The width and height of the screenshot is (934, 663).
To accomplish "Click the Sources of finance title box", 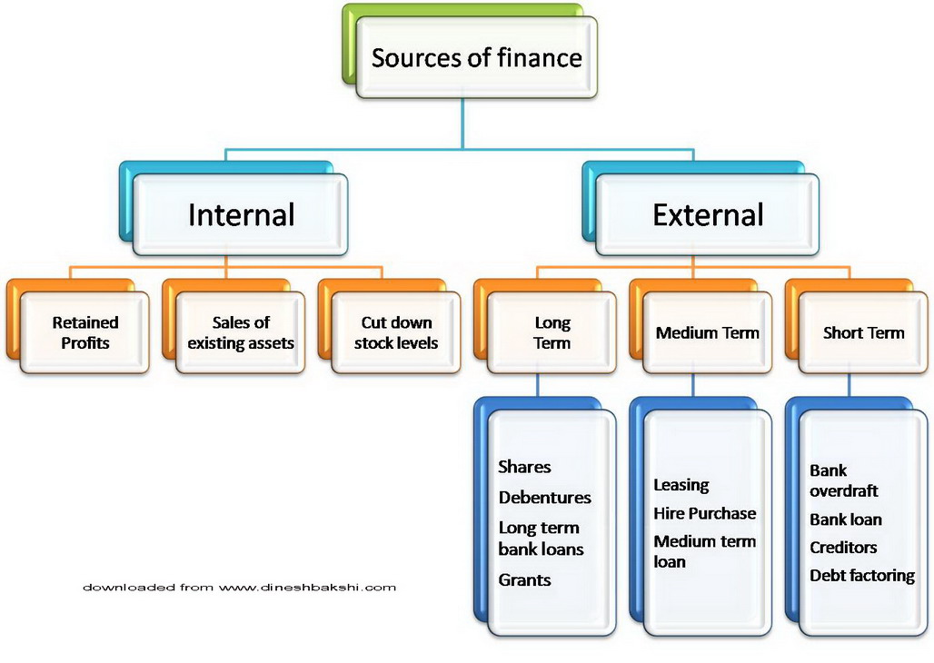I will pos(476,58).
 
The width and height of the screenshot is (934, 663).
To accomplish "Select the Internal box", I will pos(241,215).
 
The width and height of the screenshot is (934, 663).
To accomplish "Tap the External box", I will pos(708,215).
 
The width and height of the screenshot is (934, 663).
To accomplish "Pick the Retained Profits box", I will pos(85,332).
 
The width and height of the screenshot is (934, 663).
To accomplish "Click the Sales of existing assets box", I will pos(240,332).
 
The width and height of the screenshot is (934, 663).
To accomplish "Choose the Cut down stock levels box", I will pos(396,332).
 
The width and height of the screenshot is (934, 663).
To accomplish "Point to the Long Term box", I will pos(552,332).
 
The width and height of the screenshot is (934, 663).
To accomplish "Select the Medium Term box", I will pos(707,332).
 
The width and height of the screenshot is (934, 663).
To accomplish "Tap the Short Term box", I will pos(863,332).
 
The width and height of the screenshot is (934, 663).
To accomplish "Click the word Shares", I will pos(524,467).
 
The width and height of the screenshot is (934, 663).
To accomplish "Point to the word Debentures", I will pos(544,498).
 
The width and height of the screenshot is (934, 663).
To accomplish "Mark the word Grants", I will pos(524,579).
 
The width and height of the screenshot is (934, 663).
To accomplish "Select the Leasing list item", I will pos(681,485).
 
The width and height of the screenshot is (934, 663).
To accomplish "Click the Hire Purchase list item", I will pos(704,513).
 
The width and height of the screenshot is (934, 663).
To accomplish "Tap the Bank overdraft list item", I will pos(843,480).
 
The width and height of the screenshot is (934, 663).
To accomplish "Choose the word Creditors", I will pos(843,548).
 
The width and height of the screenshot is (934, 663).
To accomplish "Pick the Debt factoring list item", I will pos(861,576).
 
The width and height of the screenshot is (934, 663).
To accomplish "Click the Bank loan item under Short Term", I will pos(845,520).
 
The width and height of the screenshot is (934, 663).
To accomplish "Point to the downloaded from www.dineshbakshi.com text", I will pos(239,588).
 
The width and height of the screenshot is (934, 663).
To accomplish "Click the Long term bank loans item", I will pos(541,539).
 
